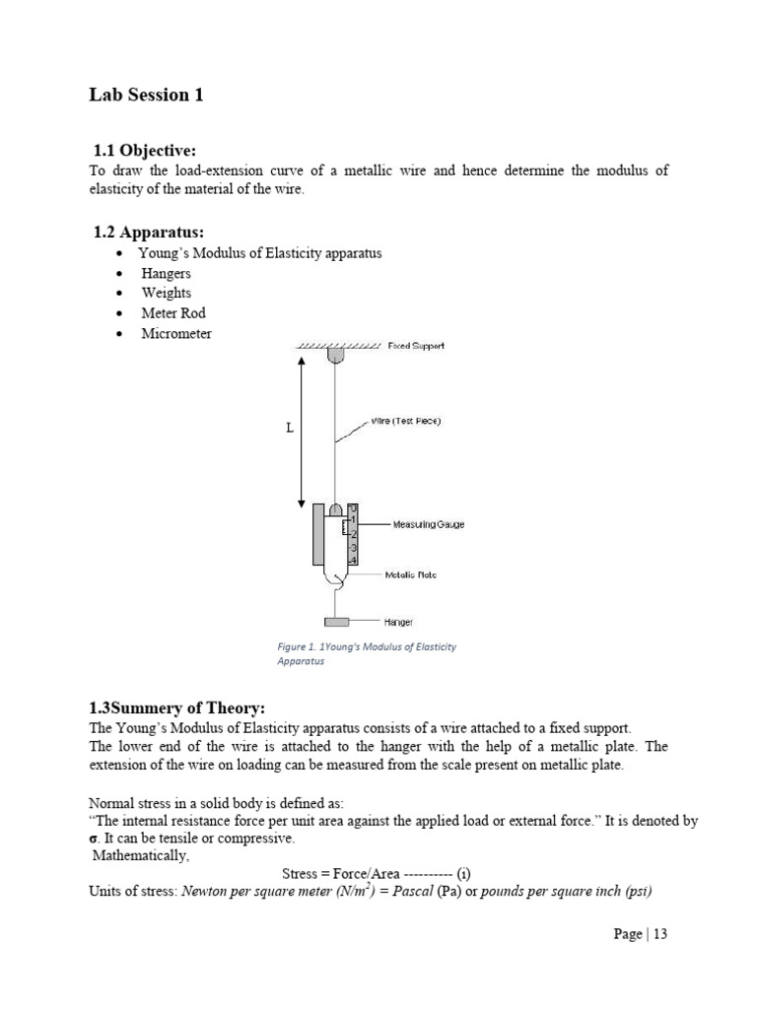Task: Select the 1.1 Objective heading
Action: pos(145,151)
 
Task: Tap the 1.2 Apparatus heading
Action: pos(149,233)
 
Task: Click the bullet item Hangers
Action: pos(166,273)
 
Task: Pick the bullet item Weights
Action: pos(166,293)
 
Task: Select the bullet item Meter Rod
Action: pos(172,313)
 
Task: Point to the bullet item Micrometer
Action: pos(176,333)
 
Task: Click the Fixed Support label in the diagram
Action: pos(416,347)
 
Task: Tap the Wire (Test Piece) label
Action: pos(405,421)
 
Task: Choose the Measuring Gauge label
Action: pos(428,524)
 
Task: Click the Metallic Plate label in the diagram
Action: pos(410,574)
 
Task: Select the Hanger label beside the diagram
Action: pos(398,622)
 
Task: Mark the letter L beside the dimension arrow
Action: pos(291,429)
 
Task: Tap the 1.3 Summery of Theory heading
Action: pos(177,708)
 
